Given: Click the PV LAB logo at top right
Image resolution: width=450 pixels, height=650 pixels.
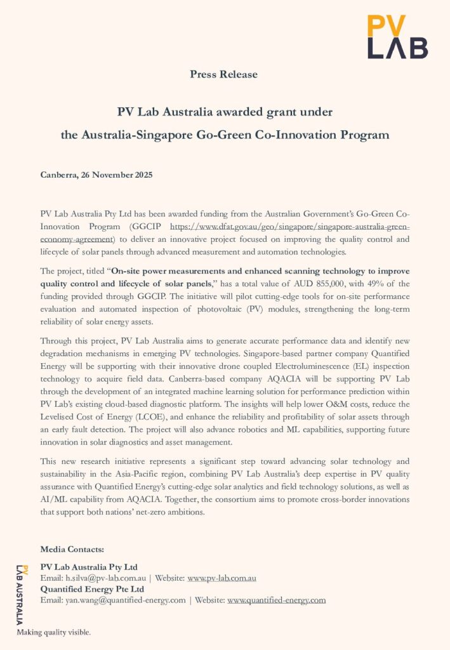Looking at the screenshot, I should click(x=397, y=37).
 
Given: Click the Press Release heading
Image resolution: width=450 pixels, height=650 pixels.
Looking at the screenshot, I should click(x=224, y=74).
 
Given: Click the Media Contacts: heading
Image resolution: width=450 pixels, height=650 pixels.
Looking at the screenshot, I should click(x=72, y=548).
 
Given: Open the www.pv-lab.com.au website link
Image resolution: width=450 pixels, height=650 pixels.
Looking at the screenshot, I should click(x=222, y=578).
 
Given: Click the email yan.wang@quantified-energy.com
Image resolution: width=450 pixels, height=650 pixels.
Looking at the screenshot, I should click(x=126, y=600).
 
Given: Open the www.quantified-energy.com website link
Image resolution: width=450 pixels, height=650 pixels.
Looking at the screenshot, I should click(x=276, y=600).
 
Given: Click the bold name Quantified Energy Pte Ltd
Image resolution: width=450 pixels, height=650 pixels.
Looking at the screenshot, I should click(x=92, y=589).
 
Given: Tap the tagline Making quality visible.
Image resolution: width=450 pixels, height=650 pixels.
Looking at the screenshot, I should click(x=53, y=632).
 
